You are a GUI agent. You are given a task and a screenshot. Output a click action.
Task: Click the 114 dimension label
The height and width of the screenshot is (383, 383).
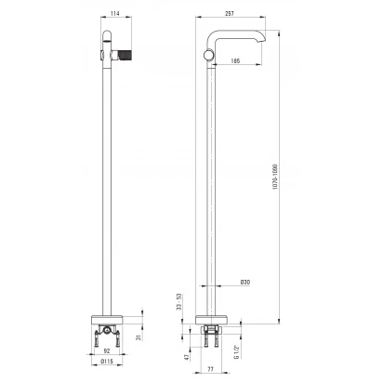tap(115, 13)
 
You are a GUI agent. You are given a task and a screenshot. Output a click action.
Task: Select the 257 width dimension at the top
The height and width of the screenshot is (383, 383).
tap(230, 13)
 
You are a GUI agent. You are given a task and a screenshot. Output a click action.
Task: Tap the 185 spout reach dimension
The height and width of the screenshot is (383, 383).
tap(235, 61)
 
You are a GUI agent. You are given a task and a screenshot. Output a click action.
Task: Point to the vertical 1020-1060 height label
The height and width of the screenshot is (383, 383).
tap(275, 177)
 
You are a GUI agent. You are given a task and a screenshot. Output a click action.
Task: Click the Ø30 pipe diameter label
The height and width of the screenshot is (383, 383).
tap(245, 283)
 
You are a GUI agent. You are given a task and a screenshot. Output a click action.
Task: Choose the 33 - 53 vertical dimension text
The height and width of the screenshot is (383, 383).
tap(178, 302)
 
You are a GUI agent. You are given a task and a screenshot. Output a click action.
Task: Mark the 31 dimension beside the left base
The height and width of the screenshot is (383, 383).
tap(139, 337)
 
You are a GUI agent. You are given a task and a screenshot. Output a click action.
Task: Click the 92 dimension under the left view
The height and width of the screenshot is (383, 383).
tap(107, 351)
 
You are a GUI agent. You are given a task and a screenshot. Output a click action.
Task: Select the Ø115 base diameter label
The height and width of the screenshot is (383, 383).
tap(108, 362)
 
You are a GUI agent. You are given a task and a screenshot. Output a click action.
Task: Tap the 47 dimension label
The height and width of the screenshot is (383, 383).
tap(186, 357)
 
